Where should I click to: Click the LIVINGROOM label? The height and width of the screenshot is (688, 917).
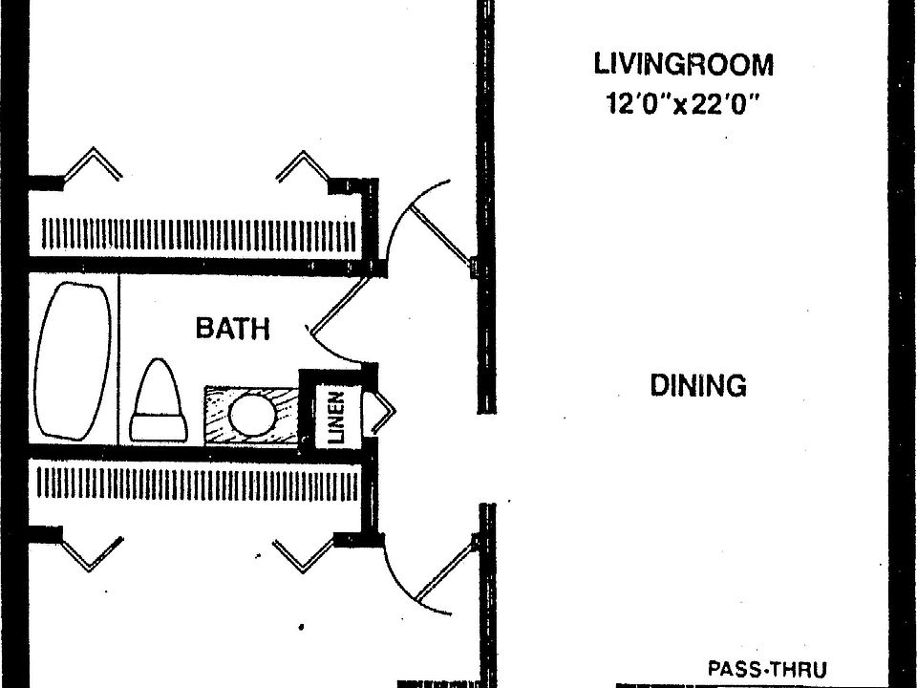click(683, 64)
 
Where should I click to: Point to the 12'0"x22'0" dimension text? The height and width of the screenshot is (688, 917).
click(682, 104)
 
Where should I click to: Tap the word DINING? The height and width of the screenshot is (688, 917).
click(698, 385)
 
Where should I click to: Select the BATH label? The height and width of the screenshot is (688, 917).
click(233, 328)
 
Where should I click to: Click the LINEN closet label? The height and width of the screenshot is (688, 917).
click(336, 418)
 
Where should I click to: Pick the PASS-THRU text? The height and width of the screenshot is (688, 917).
click(767, 669)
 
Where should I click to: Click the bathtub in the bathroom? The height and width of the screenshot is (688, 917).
click(74, 361)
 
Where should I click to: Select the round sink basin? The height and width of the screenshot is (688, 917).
click(252, 414)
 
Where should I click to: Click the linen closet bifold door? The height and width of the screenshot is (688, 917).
click(381, 413)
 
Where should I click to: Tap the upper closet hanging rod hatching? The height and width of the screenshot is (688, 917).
click(199, 235)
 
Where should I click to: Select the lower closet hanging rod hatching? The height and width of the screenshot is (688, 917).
click(197, 484)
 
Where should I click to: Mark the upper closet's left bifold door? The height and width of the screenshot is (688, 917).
click(93, 163)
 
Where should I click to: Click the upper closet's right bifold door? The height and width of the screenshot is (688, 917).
click(303, 166)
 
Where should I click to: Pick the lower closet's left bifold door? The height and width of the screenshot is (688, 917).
click(92, 553)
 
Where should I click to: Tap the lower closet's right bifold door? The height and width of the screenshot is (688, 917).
click(303, 555)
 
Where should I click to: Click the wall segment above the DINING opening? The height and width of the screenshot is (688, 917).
click(486, 206)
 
